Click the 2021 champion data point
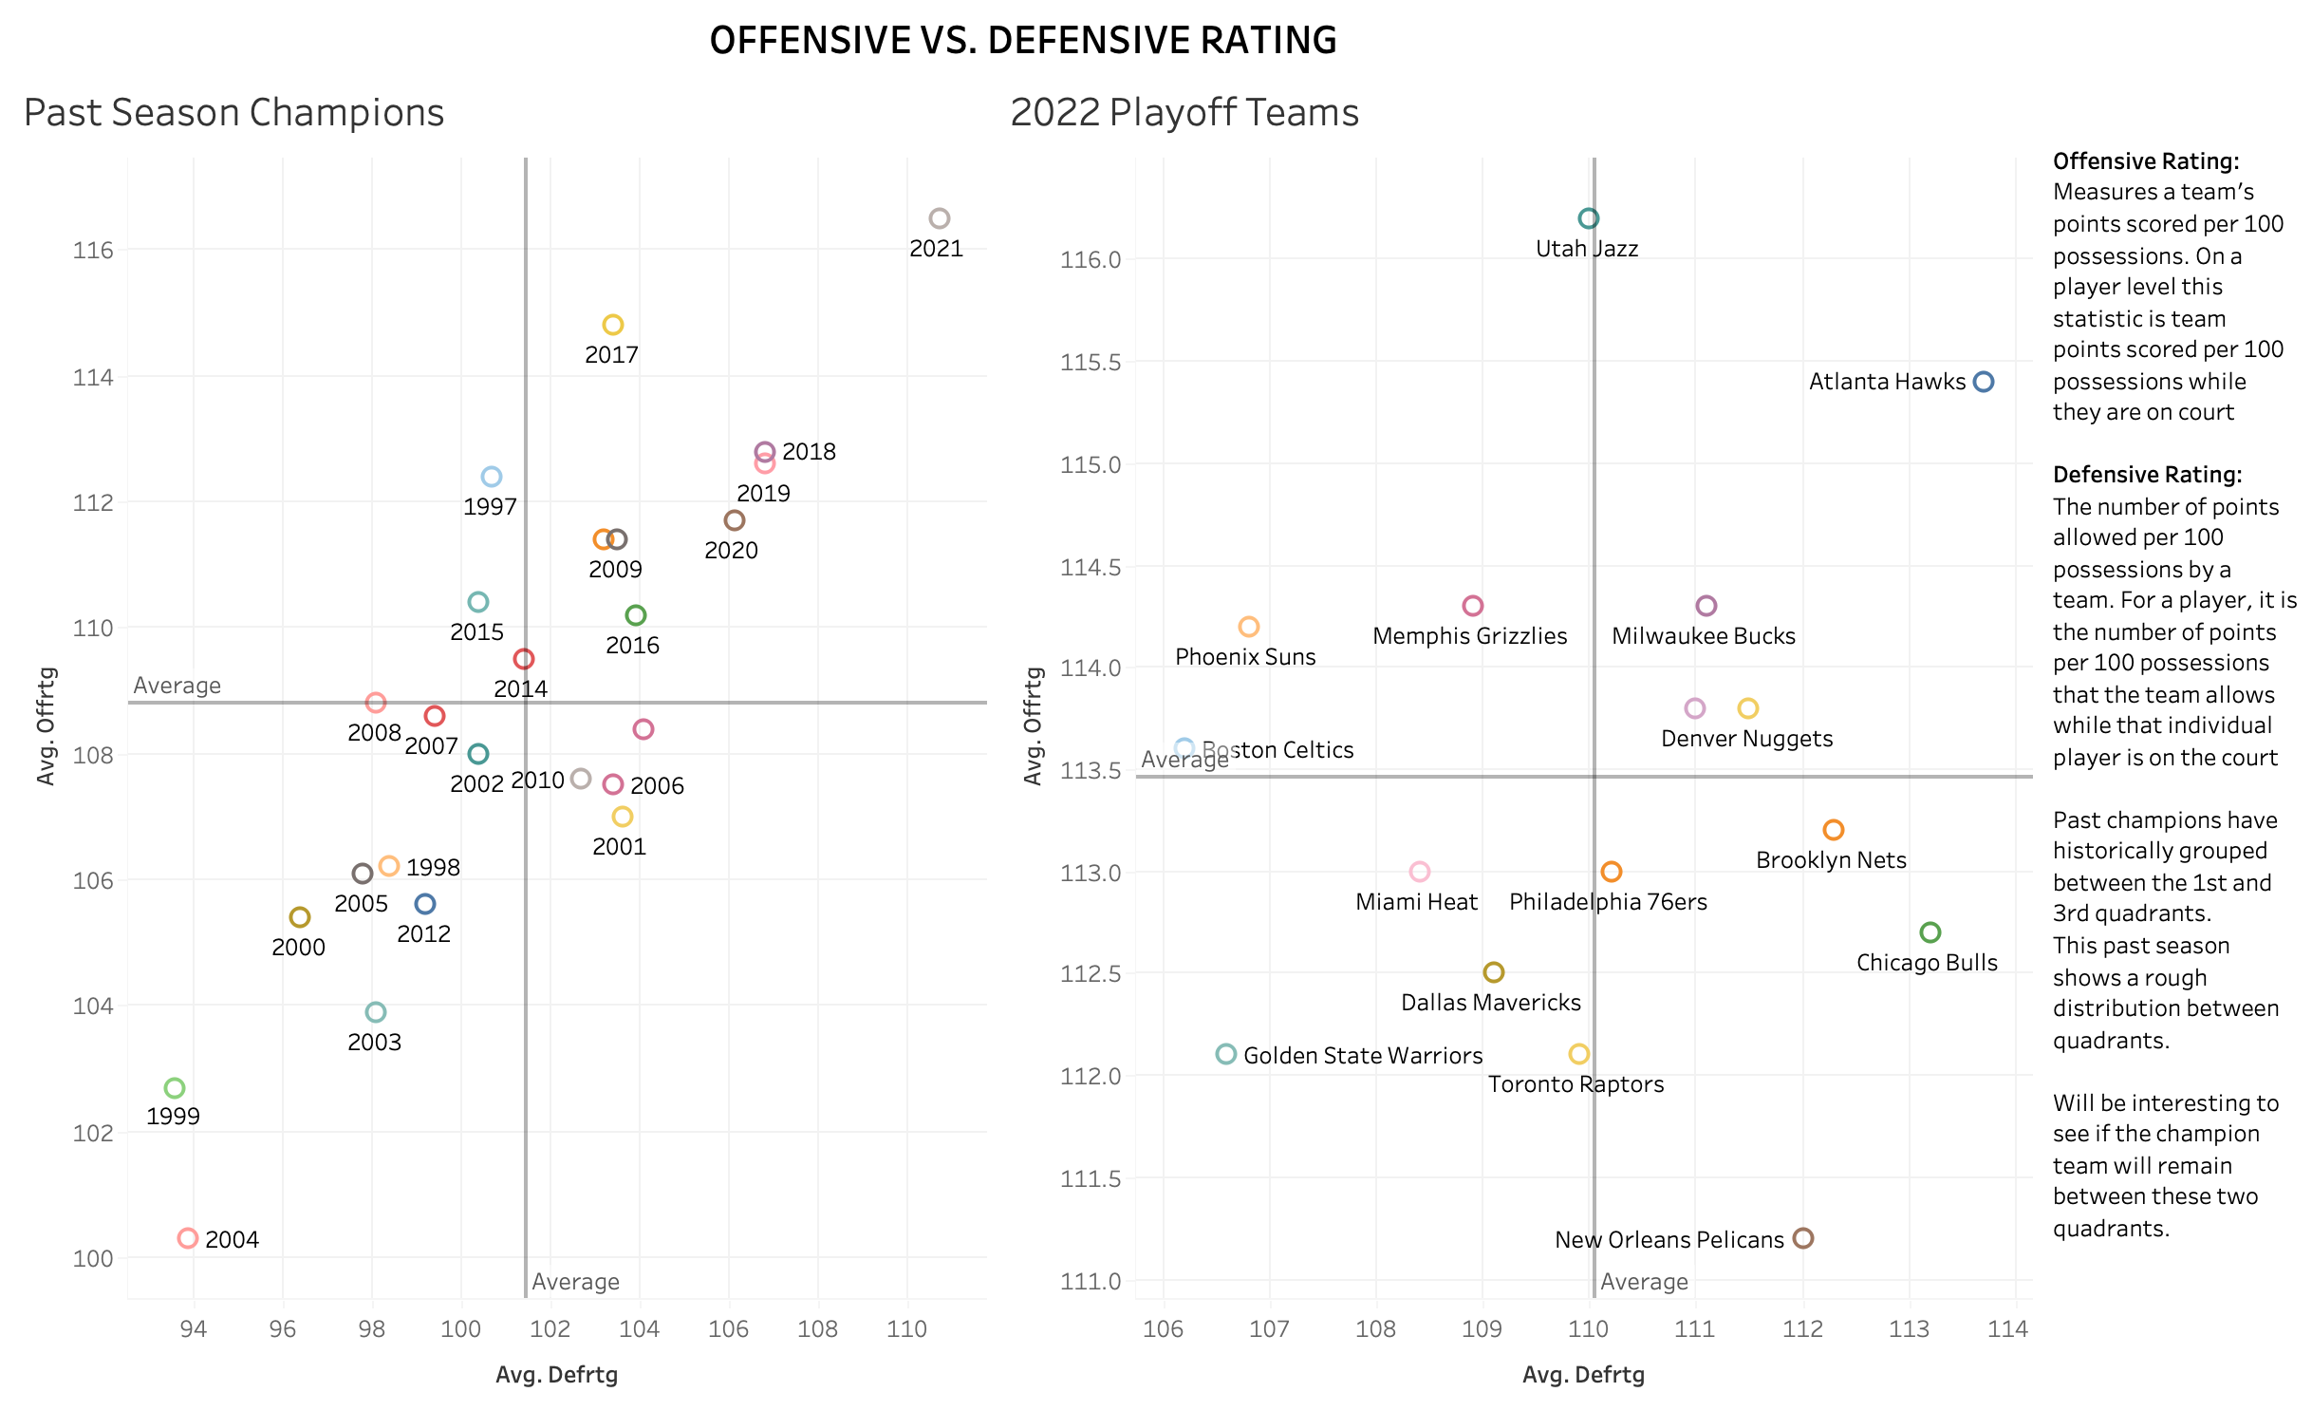939,218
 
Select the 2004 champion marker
188,1238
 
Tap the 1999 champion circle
175,1088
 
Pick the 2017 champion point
613,325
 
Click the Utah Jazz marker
1588,218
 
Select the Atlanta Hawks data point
1983,382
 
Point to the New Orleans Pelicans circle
1803,1238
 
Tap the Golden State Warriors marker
1226,1054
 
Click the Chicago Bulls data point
1930,932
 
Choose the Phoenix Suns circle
1249,627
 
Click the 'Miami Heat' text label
1416,902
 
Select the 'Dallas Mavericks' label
1491,1003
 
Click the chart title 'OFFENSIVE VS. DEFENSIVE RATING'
1023,41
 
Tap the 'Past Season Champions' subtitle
234,113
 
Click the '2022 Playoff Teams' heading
1184,113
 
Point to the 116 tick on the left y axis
93,251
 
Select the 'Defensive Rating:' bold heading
2147,475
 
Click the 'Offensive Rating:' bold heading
2146,161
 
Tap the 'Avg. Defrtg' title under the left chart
557,1375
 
